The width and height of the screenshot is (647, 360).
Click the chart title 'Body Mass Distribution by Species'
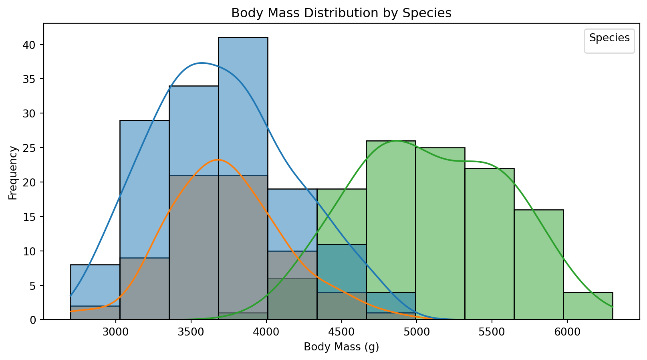(x=341, y=13)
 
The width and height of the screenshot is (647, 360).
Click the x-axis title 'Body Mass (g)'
(x=341, y=347)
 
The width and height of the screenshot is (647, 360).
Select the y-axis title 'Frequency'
(x=13, y=172)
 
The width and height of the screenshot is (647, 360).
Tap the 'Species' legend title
(x=609, y=38)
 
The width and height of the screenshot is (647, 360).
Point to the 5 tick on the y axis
(x=35, y=286)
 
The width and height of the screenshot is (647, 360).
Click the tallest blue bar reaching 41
(x=243, y=100)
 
